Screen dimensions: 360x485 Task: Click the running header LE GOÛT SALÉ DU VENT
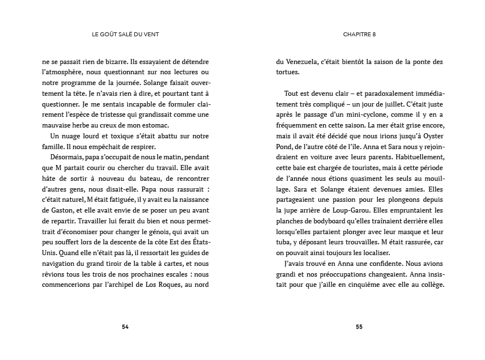(x=125, y=34)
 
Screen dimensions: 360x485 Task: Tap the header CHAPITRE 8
(x=359, y=34)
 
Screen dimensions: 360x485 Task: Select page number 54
(x=125, y=327)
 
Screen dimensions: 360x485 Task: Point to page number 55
(x=359, y=327)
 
